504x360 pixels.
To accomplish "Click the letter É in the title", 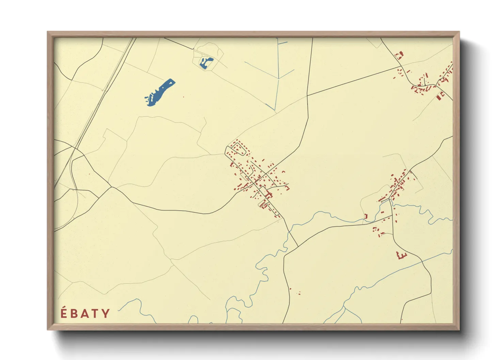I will (64, 313).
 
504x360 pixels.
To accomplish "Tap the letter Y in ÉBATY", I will (106, 313).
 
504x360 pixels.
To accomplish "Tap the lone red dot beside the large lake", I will (184, 97).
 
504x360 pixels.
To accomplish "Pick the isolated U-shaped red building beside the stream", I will (366, 216).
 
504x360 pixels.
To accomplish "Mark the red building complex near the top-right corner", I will (399, 55).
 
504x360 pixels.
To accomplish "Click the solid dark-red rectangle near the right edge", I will (439, 97).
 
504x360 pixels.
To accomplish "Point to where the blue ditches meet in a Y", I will (279, 79).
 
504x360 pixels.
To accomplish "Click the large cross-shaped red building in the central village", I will (269, 195).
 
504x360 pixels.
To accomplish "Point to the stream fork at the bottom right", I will (344, 308).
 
